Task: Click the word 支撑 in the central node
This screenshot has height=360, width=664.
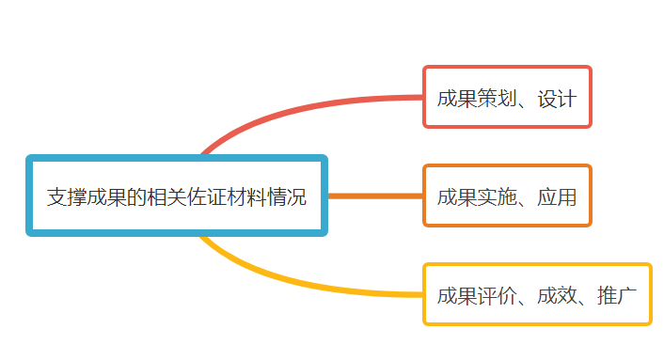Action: (x=69, y=197)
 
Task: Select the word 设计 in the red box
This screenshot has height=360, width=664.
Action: (x=557, y=98)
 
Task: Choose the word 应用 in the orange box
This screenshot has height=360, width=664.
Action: (x=557, y=197)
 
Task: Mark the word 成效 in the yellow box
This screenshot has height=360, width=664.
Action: (x=557, y=296)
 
